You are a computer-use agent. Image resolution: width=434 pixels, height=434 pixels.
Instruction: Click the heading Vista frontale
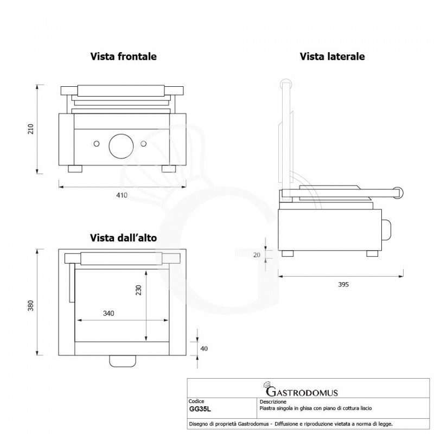(x=124, y=56)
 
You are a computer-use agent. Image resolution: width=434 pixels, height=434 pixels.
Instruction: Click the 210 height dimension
(x=31, y=129)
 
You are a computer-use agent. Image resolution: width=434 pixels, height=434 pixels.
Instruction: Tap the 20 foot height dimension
(x=257, y=255)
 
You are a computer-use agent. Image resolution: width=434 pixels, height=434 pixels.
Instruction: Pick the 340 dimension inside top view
(x=109, y=314)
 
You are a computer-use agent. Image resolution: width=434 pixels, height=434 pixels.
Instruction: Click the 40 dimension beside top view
(x=204, y=348)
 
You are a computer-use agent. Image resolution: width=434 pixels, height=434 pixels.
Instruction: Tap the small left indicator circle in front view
(x=97, y=143)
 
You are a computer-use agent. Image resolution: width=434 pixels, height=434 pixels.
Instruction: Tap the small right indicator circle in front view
(x=144, y=143)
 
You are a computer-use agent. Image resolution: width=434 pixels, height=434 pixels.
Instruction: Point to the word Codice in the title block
(x=196, y=401)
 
